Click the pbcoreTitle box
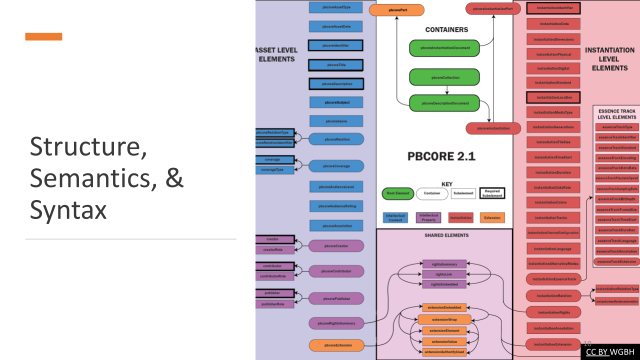(x=335, y=65)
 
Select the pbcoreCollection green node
(x=444, y=77)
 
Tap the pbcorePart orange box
(x=397, y=10)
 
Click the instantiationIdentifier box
(x=553, y=8)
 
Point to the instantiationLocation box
(x=553, y=97)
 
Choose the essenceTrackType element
(x=617, y=127)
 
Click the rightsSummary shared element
(x=444, y=263)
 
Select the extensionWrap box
(x=444, y=319)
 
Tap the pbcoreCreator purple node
(x=336, y=246)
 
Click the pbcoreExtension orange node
(x=336, y=345)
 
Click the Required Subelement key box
(x=492, y=193)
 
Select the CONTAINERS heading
(x=446, y=29)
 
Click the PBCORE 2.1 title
(x=441, y=157)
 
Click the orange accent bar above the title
(x=44, y=36)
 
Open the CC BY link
(x=597, y=351)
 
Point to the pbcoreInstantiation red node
(x=493, y=128)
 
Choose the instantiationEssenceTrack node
(x=553, y=279)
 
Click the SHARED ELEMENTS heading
(x=446, y=235)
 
